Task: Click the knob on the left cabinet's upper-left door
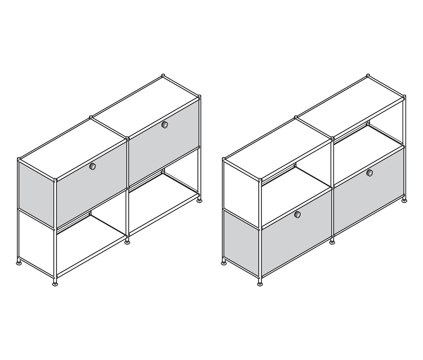click(x=93, y=167)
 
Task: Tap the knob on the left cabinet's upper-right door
click(x=164, y=125)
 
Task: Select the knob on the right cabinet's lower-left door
click(x=298, y=215)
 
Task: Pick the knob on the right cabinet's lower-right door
click(x=369, y=173)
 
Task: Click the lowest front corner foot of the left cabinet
click(x=55, y=283)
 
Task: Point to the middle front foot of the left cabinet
click(x=127, y=243)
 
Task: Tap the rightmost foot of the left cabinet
click(x=200, y=200)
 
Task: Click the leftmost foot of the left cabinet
click(x=19, y=263)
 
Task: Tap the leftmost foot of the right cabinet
click(x=224, y=263)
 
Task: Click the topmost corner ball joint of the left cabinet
click(x=163, y=76)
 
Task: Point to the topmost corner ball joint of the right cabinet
click(x=368, y=76)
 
